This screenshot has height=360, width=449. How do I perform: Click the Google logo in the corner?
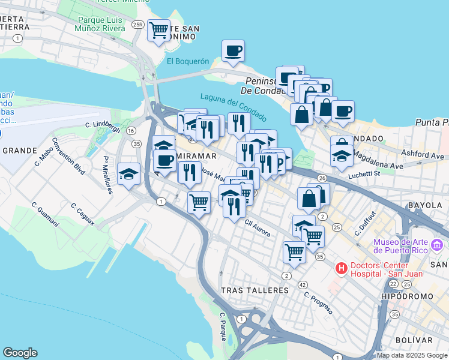(20, 353)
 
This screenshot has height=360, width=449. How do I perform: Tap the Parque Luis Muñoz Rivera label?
(101, 24)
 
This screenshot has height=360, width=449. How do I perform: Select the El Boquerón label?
(188, 61)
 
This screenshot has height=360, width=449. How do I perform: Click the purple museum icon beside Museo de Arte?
(437, 245)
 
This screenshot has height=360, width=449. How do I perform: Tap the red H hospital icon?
(341, 268)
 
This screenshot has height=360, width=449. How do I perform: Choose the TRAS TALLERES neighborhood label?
(255, 290)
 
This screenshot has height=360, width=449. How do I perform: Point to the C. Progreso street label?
(318, 302)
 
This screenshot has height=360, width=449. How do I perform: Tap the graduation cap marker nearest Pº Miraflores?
(128, 173)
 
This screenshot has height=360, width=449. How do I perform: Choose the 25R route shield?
(139, 25)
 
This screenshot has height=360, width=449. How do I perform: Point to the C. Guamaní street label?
(46, 214)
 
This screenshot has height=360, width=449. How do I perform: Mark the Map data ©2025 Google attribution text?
(412, 355)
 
